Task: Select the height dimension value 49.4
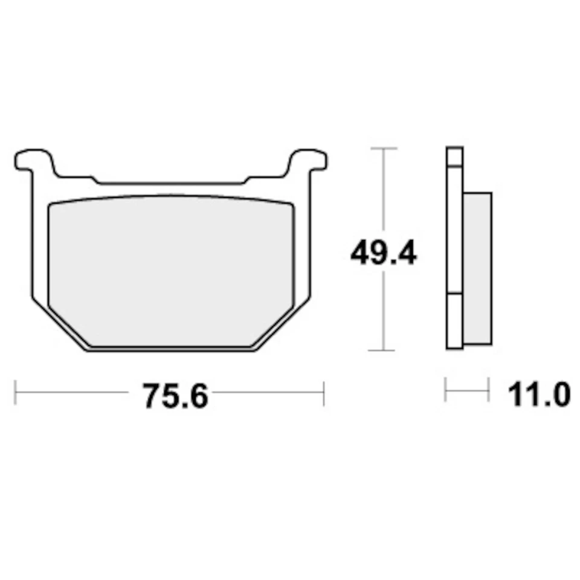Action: click(x=383, y=254)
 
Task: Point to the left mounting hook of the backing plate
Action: click(x=32, y=161)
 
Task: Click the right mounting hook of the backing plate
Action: click(x=309, y=161)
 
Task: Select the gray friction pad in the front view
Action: click(x=170, y=272)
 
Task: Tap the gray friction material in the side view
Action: click(x=478, y=268)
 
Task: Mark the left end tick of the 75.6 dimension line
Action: click(x=16, y=393)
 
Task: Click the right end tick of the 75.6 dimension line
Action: click(x=324, y=393)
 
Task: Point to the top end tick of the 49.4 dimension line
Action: click(x=383, y=148)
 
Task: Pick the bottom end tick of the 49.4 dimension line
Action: click(x=383, y=350)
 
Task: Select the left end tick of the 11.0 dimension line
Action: click(x=445, y=390)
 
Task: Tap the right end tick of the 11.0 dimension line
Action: click(x=488, y=390)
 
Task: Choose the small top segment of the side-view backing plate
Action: click(x=454, y=156)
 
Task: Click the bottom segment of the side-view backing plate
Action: click(x=454, y=321)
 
